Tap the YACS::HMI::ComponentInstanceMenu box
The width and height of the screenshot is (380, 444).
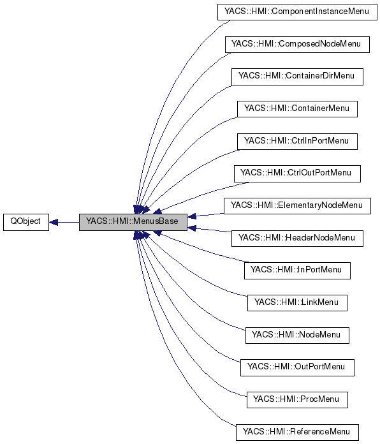[x=297, y=11]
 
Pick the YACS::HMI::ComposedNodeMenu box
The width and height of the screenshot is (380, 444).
[x=297, y=44]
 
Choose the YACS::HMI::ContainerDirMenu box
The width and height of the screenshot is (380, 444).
[x=297, y=77]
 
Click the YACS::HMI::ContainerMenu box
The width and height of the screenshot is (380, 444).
[x=297, y=108]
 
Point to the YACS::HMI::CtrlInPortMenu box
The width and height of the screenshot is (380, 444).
[x=297, y=141]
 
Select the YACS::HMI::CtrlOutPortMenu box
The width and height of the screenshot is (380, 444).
[x=297, y=174]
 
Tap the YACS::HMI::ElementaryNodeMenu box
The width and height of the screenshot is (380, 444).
[x=297, y=206]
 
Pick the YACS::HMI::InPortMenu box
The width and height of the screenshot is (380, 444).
[x=297, y=270]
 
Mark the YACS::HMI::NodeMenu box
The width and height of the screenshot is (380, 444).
[x=297, y=335]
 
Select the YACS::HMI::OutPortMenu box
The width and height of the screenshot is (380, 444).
[x=297, y=367]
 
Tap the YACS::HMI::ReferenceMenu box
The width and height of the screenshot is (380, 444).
[x=297, y=432]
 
